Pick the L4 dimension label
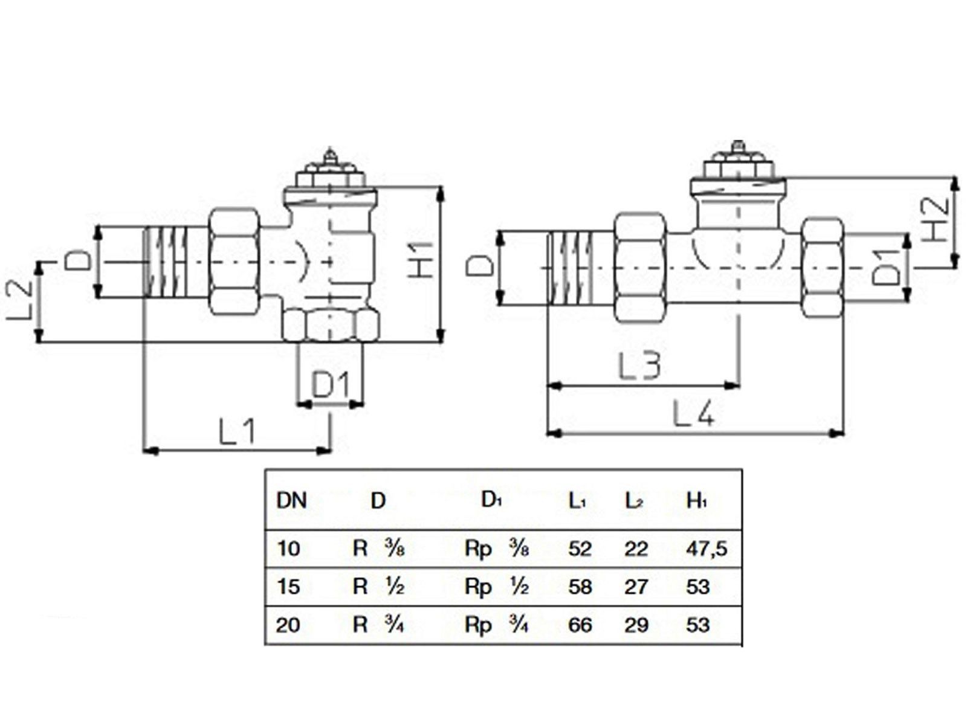(x=693, y=414)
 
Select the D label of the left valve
(x=78, y=261)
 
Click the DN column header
(x=291, y=500)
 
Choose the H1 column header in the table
(x=696, y=500)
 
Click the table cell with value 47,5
(x=706, y=549)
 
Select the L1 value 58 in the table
(x=580, y=586)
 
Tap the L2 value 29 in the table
(x=636, y=624)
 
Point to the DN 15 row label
(x=288, y=586)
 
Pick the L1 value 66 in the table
(x=580, y=624)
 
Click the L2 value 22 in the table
(x=636, y=549)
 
